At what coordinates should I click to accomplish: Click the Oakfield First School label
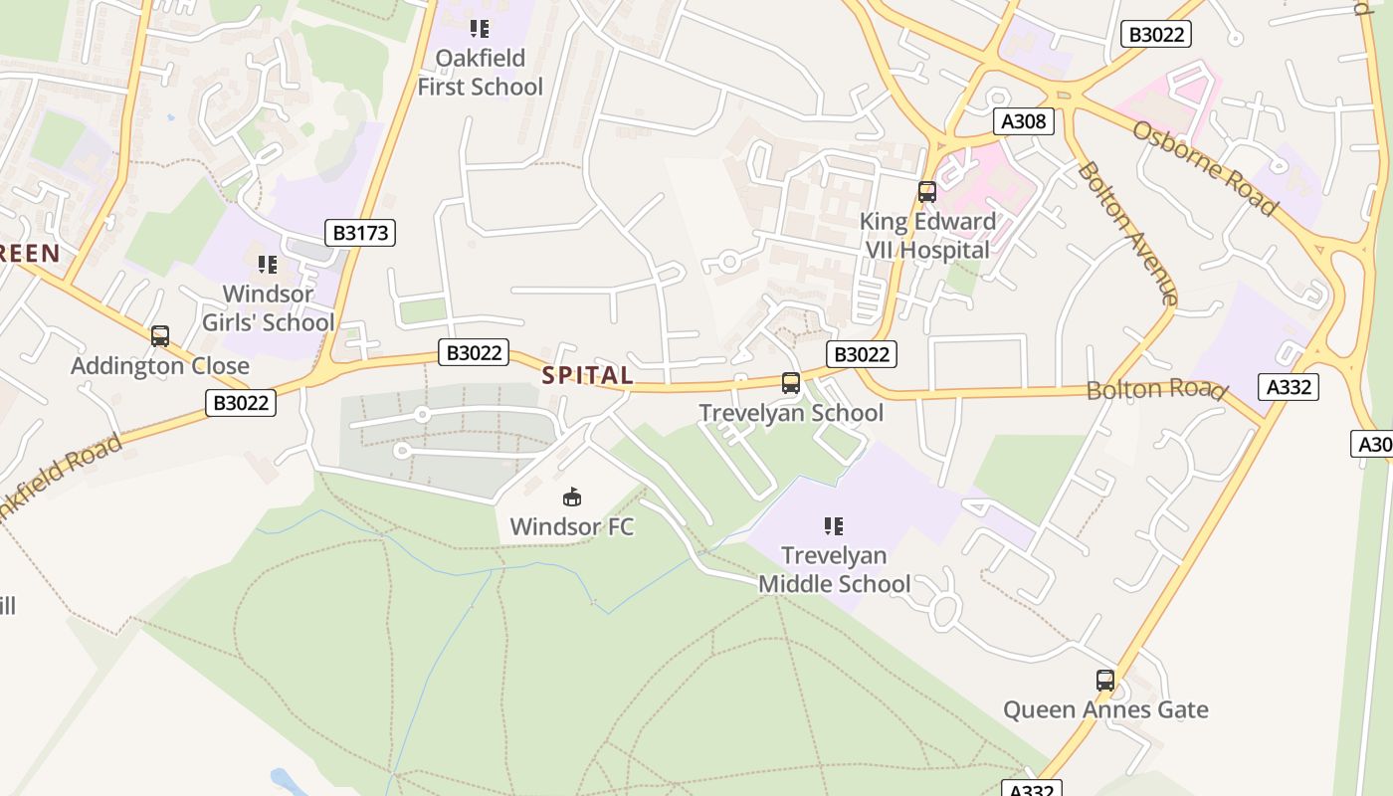pos(481,72)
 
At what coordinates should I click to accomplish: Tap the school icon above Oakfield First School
pos(481,28)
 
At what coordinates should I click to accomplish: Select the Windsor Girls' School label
pos(269,307)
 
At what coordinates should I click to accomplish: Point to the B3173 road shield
pos(360,233)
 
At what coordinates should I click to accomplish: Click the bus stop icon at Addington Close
pos(160,336)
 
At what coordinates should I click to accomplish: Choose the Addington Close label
pos(160,366)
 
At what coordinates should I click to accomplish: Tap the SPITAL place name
pos(587,375)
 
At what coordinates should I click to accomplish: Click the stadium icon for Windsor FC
pos(572,497)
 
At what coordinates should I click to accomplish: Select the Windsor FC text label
pos(572,526)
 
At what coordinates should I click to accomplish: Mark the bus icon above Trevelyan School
pos(791,383)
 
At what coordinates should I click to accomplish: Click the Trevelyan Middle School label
pos(834,569)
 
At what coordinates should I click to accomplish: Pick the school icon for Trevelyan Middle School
pos(834,525)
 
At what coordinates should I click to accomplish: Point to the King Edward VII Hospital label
pos(927,235)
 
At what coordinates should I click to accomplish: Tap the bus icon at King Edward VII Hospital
pos(927,192)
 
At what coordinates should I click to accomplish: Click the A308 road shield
pos(1023,121)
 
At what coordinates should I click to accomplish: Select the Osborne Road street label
pos(1204,168)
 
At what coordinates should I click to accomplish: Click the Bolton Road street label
pos(1155,389)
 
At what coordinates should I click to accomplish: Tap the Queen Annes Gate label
pos(1105,709)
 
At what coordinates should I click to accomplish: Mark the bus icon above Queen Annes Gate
pos(1105,681)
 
